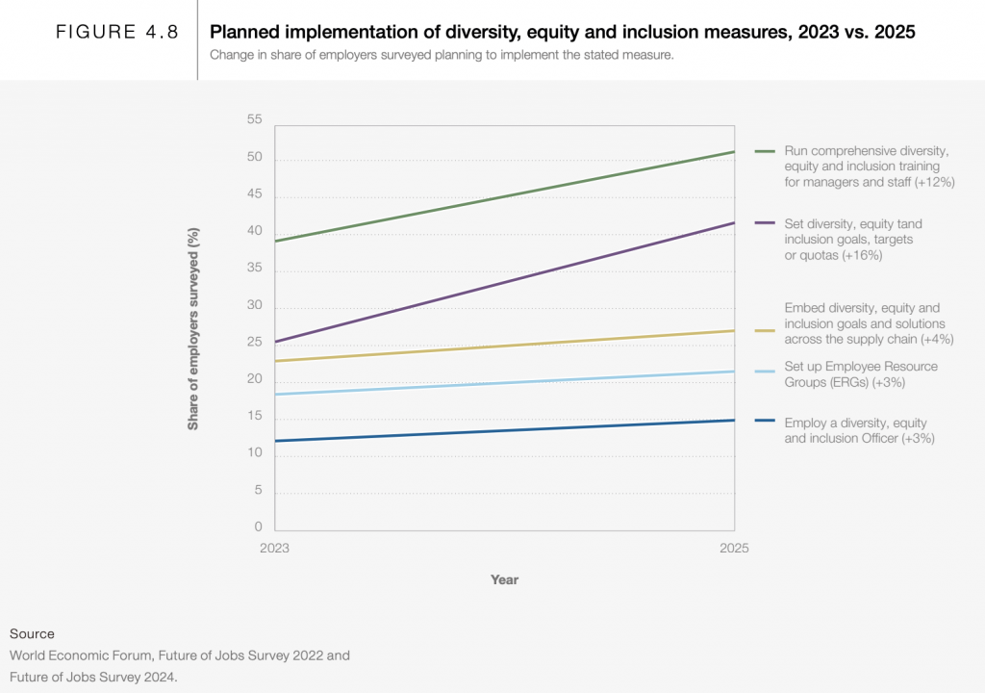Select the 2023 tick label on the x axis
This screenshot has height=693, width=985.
coord(276,548)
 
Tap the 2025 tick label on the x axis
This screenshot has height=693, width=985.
coord(733,548)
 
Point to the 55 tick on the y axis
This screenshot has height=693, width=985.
coord(254,119)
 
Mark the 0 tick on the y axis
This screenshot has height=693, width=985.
coord(258,526)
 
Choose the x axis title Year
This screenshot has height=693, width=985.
coord(504,579)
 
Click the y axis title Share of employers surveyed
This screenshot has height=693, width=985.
coord(193,328)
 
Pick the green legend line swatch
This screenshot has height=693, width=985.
coord(766,151)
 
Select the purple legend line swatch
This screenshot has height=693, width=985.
coord(766,223)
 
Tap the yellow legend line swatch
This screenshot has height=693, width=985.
coord(766,330)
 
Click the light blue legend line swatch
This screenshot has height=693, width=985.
coord(766,372)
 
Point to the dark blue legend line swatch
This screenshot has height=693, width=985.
coord(766,421)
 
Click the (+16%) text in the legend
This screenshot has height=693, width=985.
coord(862,255)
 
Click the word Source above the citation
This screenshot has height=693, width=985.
coord(32,633)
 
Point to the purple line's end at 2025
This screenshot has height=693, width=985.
coord(734,223)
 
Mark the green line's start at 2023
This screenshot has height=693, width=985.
coord(277,241)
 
